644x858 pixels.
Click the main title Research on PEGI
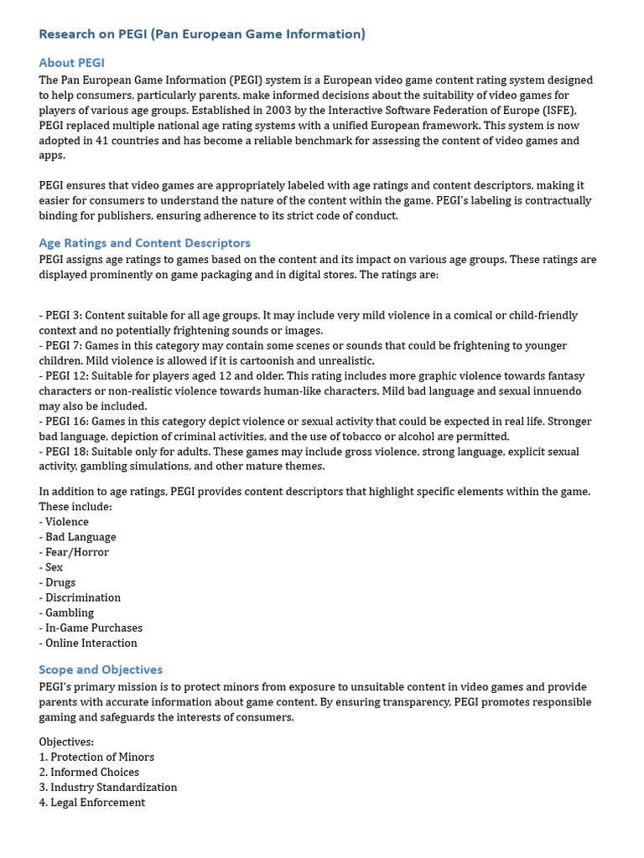click(x=202, y=34)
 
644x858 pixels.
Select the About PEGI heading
click(x=71, y=63)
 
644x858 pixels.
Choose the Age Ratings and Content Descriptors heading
click(x=144, y=243)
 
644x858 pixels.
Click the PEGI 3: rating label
click(x=60, y=316)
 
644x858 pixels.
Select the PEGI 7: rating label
click(x=60, y=346)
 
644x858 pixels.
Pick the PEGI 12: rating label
click(x=64, y=376)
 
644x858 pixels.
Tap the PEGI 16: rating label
click(x=64, y=421)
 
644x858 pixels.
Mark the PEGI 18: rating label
click(x=64, y=452)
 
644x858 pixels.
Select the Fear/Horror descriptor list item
click(x=76, y=552)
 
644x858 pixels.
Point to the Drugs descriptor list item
click(x=60, y=582)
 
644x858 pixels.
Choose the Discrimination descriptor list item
click(x=82, y=597)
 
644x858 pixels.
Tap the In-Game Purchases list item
click(x=93, y=628)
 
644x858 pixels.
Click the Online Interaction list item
click(x=91, y=643)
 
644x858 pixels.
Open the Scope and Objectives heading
click(x=101, y=669)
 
